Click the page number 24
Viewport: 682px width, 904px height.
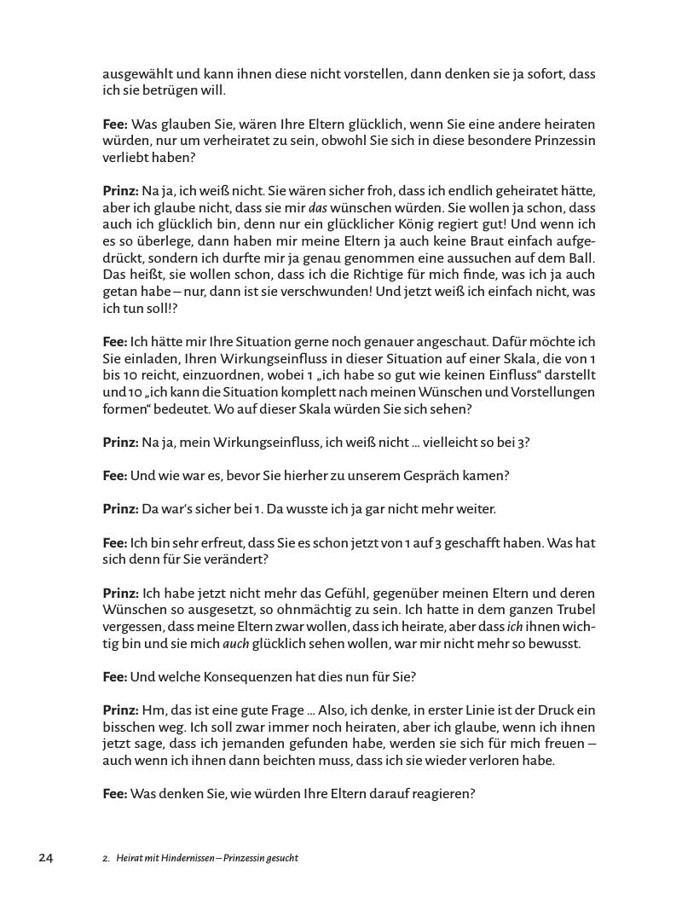(x=45, y=858)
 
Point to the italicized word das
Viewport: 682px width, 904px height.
(x=317, y=207)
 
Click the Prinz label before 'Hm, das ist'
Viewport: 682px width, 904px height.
(x=120, y=710)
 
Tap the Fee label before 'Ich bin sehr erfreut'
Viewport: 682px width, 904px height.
(x=114, y=542)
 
